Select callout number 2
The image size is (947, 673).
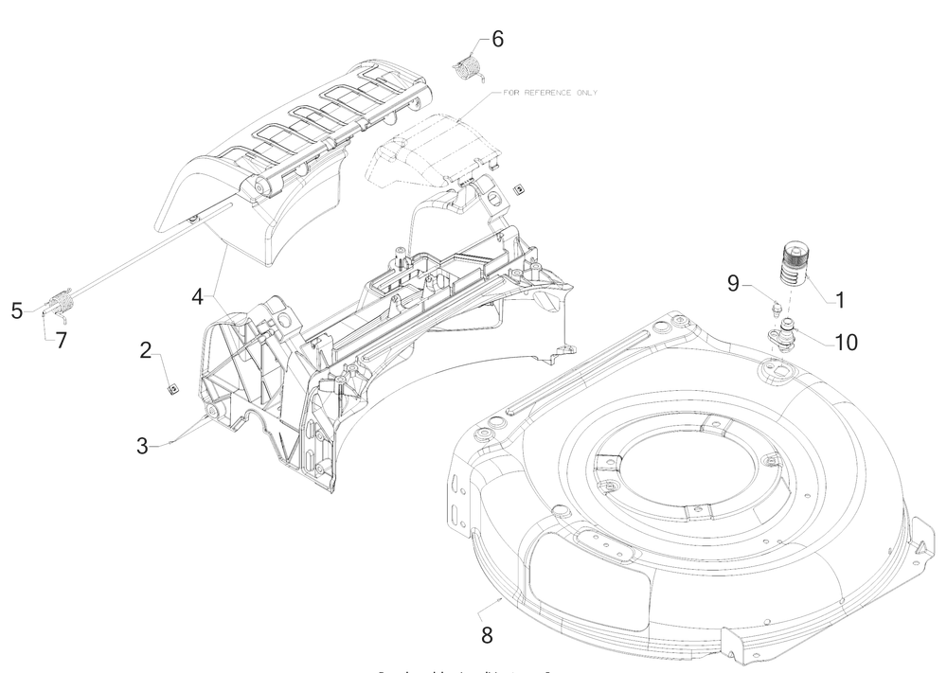[145, 351]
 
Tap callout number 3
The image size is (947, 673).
[141, 445]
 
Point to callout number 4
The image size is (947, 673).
[197, 296]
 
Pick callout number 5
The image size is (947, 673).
[17, 310]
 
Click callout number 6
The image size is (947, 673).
[497, 39]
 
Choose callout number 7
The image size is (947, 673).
[61, 340]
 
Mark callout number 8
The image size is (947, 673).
[486, 632]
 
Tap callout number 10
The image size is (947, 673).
[845, 342]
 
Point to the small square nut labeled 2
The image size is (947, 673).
[173, 387]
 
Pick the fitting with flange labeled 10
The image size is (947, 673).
[783, 334]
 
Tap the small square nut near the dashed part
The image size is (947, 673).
[518, 189]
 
